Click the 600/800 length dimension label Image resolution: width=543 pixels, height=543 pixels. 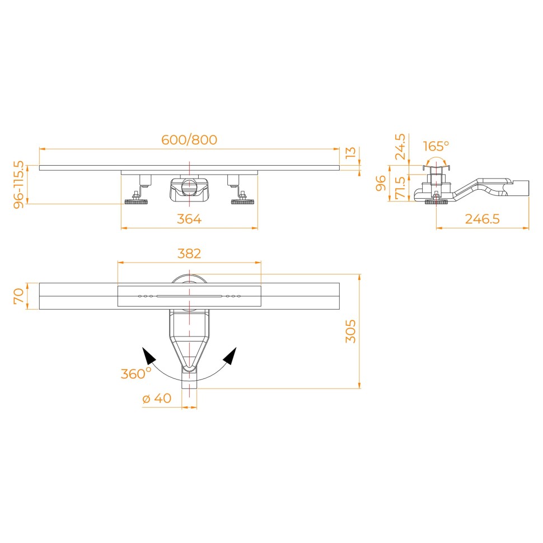[189, 140]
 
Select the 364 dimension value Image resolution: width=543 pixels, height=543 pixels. [189, 219]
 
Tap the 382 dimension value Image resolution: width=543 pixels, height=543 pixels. [189, 254]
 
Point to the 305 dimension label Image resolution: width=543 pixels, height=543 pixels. [350, 331]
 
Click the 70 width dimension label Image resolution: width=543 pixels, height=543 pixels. [18, 296]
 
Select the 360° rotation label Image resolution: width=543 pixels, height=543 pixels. [135, 373]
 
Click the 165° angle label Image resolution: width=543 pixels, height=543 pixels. [436, 146]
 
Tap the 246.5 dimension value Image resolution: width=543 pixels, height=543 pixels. [482, 219]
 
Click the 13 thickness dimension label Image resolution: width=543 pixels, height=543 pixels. [350, 152]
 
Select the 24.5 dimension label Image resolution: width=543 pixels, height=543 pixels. [400, 147]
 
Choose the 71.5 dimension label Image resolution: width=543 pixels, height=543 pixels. [400, 187]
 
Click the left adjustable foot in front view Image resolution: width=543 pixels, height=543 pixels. [135, 200]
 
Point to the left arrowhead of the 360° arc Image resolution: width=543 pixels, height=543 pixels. [148, 355]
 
